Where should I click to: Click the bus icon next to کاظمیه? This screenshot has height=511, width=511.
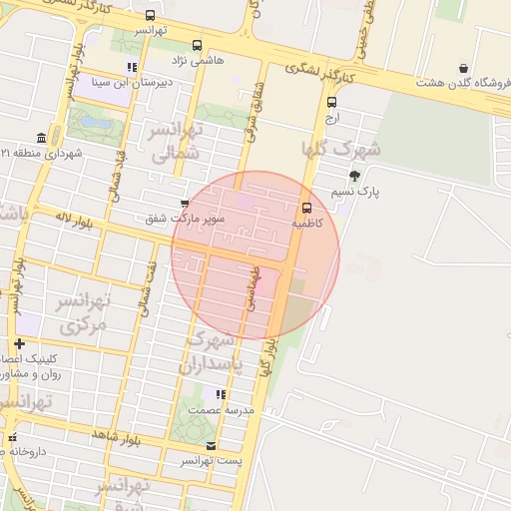pyautogui.click(x=306, y=208)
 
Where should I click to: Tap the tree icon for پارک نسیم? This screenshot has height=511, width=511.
pyautogui.click(x=354, y=176)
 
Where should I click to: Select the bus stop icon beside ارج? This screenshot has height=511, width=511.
pyautogui.click(x=331, y=101)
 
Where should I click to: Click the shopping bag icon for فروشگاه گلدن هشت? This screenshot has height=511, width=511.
pyautogui.click(x=463, y=68)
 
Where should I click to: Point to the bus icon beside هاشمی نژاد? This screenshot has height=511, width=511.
pyautogui.click(x=197, y=45)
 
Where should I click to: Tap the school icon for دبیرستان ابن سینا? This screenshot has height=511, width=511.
pyautogui.click(x=131, y=68)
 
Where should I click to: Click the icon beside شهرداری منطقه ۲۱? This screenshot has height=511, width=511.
pyautogui.click(x=41, y=138)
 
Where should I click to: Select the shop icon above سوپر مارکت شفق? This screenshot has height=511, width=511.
pyautogui.click(x=184, y=203)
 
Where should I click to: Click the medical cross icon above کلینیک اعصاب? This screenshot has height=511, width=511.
pyautogui.click(x=19, y=343)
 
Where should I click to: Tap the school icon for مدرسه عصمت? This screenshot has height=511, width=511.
pyautogui.click(x=220, y=395)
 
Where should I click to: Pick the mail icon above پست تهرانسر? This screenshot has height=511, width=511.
pyautogui.click(x=210, y=445)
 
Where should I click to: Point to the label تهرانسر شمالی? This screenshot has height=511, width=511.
pyautogui.click(x=177, y=141)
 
